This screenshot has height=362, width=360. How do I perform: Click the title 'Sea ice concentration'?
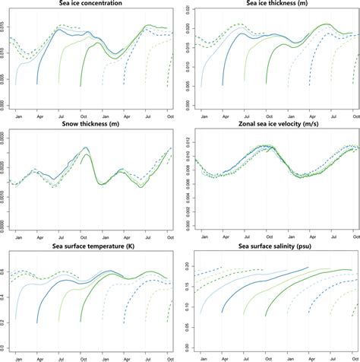click(90, 4)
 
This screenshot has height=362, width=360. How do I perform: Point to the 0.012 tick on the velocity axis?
click(188, 138)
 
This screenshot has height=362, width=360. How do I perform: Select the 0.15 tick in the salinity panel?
click(188, 284)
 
